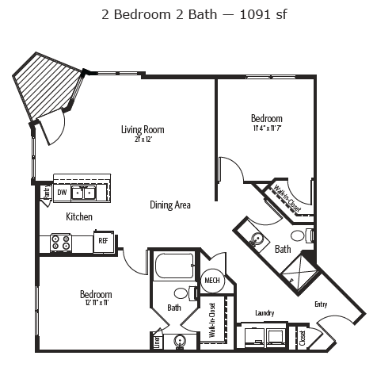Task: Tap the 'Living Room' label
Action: coord(143,129)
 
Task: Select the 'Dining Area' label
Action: coord(170,205)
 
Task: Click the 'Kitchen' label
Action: coord(80,216)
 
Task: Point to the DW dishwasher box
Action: coord(61,192)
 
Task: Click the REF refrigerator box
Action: coord(103,241)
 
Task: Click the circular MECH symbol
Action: coord(211,281)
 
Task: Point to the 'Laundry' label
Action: coord(264,312)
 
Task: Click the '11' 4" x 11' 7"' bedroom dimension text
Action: coord(268,128)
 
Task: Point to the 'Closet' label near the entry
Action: coord(303,338)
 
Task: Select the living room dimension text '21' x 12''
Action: coord(143,140)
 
